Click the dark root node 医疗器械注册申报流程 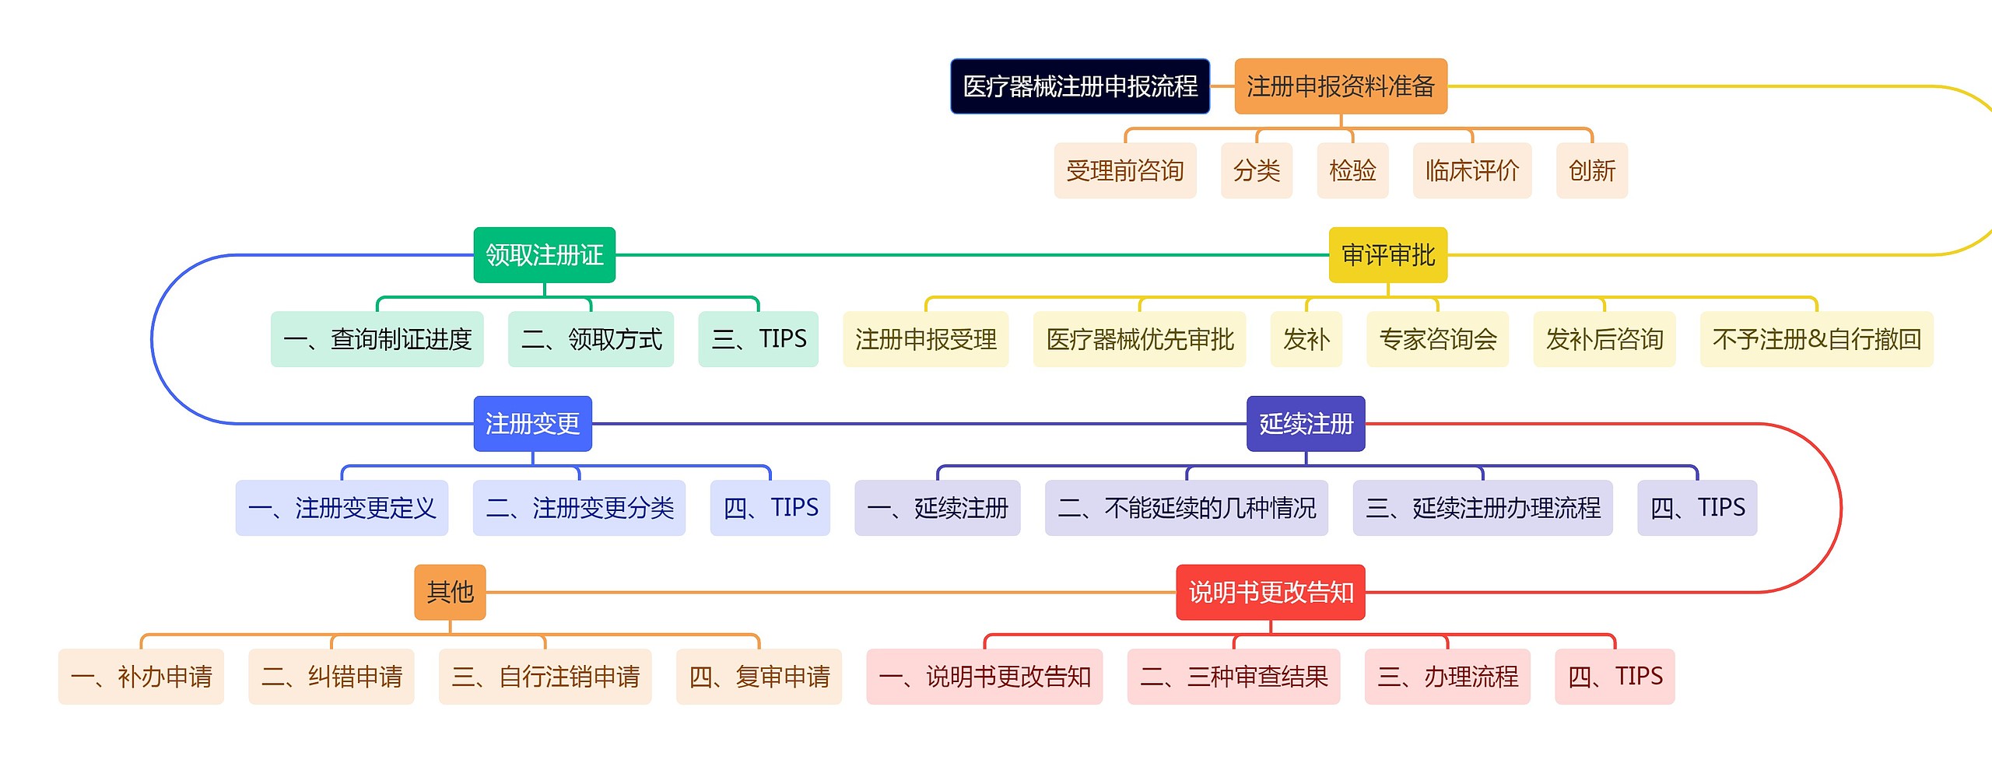[1080, 86]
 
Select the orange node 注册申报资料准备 [1340, 86]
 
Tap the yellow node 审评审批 [1387, 255]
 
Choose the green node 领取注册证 [544, 255]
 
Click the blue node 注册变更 [532, 424]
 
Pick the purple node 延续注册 [1306, 424]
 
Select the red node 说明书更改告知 [1270, 593]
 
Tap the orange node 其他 [450, 593]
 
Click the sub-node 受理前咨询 [1124, 170]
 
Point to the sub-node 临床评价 [1471, 170]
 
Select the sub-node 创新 [1591, 170]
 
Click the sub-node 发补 [1306, 339]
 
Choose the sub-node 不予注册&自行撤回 [1816, 339]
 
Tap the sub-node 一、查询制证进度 [377, 339]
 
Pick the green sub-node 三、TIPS [758, 339]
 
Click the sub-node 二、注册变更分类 [579, 508]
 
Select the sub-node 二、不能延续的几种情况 [1186, 508]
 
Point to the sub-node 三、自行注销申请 [545, 677]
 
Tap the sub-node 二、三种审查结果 [1233, 677]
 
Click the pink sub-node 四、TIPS [1615, 677]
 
